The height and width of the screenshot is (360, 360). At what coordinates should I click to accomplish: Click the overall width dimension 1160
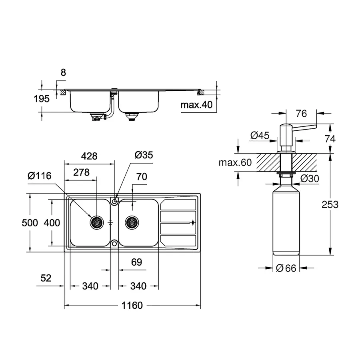pyautogui.click(x=132, y=306)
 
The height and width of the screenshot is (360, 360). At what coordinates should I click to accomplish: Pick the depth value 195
pyautogui.click(x=42, y=99)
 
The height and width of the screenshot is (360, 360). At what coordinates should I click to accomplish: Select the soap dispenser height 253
pyautogui.click(x=330, y=204)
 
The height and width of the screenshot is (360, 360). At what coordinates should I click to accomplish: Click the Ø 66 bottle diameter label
pyautogui.click(x=286, y=268)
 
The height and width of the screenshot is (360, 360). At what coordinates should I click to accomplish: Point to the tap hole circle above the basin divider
pyautogui.click(x=115, y=201)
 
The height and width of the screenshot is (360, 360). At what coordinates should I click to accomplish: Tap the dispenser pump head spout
pyautogui.click(x=306, y=127)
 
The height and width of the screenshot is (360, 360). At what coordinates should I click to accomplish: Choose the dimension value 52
pyautogui.click(x=46, y=278)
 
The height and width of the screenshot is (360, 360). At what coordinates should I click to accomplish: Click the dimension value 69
pyautogui.click(x=136, y=262)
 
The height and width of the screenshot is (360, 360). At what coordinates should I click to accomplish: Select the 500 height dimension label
pyautogui.click(x=30, y=223)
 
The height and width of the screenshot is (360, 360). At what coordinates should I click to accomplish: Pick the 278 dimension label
pyautogui.click(x=81, y=172)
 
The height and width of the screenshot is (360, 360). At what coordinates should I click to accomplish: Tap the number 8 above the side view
pyautogui.click(x=63, y=73)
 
